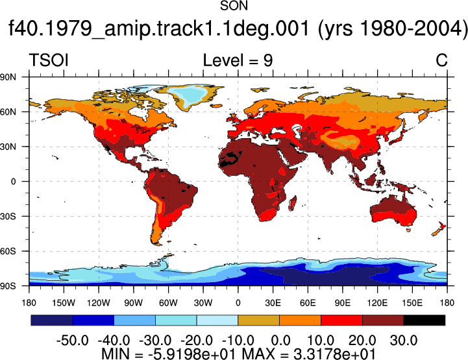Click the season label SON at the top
tap(234, 6)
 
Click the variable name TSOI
tap(49, 60)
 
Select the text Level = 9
tap(238, 60)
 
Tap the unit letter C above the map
tap(441, 60)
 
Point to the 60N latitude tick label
tap(8, 112)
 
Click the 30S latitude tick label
tap(8, 217)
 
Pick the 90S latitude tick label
tap(8, 286)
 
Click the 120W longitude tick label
tap(99, 303)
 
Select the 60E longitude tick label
tap(308, 303)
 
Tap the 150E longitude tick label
tap(412, 303)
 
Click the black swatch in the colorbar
tap(424, 320)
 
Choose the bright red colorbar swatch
tap(341, 320)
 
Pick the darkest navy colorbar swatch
tap(52, 320)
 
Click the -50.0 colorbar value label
tap(72, 341)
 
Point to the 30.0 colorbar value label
tap(404, 341)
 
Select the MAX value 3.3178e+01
tap(334, 354)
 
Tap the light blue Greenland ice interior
tap(188, 94)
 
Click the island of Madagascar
tap(293, 203)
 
